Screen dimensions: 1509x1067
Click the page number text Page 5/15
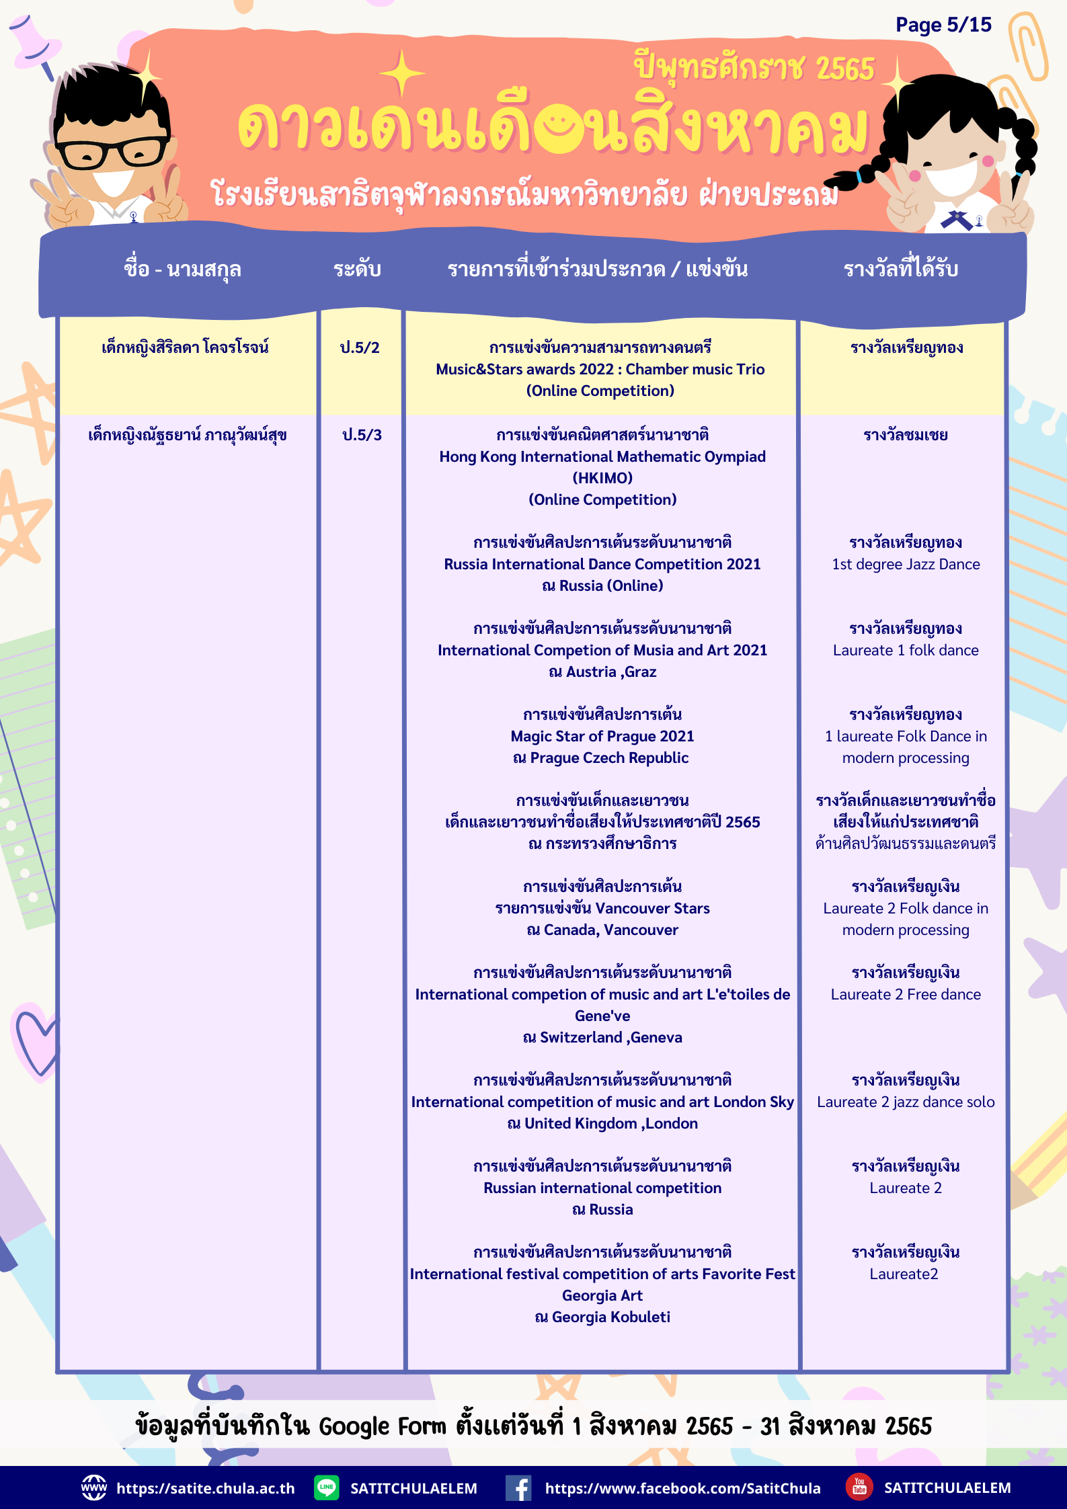tap(943, 25)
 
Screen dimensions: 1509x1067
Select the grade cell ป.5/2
tap(360, 348)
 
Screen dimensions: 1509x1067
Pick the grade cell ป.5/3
tap(362, 435)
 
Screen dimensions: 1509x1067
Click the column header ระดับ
tap(357, 270)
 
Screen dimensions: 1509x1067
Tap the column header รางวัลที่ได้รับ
tap(900, 270)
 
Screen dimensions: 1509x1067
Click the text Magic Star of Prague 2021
tap(602, 736)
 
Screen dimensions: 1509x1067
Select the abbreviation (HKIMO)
tap(602, 478)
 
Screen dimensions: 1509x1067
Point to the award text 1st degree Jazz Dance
tap(906, 564)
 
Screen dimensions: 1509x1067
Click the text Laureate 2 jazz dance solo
tap(906, 1102)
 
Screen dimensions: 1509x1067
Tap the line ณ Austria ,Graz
tap(602, 671)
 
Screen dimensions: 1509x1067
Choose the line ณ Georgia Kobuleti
tap(602, 1317)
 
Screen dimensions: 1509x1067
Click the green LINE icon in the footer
tap(327, 1487)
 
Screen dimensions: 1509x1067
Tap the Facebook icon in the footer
tap(518, 1487)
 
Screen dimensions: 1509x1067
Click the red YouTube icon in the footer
tap(859, 1487)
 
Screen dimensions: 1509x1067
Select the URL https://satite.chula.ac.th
tap(205, 1488)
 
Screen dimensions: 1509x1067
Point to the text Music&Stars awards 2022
tap(524, 369)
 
